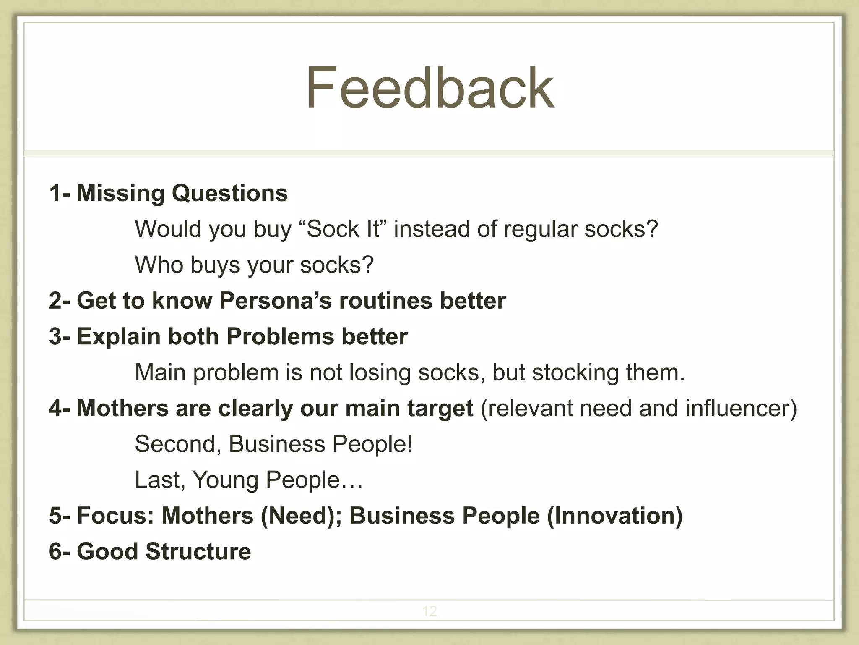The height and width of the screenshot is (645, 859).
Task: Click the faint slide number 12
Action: click(429, 611)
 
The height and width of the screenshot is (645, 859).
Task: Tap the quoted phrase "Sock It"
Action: click(343, 229)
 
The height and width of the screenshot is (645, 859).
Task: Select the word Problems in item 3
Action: click(280, 336)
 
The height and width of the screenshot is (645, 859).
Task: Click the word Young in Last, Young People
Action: click(225, 480)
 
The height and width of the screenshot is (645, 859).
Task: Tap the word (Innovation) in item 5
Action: click(614, 516)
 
